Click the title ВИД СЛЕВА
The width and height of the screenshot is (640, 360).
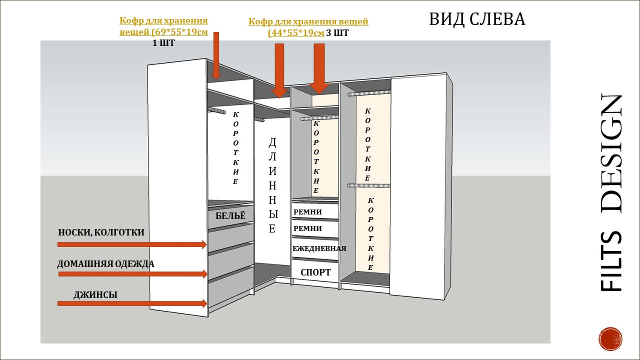(477, 19)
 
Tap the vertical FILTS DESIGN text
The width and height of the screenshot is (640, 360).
(611, 192)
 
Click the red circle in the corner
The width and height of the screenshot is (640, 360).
(610, 339)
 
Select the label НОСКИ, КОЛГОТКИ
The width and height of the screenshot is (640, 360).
(101, 232)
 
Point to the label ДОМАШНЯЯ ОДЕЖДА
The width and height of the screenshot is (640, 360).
(106, 264)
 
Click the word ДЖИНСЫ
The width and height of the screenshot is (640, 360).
(95, 294)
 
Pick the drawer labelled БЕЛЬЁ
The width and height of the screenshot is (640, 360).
(230, 216)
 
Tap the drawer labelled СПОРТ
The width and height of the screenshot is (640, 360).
(315, 272)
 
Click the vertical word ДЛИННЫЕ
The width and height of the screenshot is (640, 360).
(272, 185)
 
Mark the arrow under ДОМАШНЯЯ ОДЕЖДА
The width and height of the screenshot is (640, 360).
(132, 274)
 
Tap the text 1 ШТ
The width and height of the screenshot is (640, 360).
(163, 43)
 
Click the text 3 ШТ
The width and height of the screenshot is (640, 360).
(337, 33)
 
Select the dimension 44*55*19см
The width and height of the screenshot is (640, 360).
(297, 33)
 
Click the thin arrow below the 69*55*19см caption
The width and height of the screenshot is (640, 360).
(216, 55)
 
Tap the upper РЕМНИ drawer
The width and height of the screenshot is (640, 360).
(315, 212)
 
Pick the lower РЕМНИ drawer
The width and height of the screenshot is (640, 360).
(315, 229)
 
